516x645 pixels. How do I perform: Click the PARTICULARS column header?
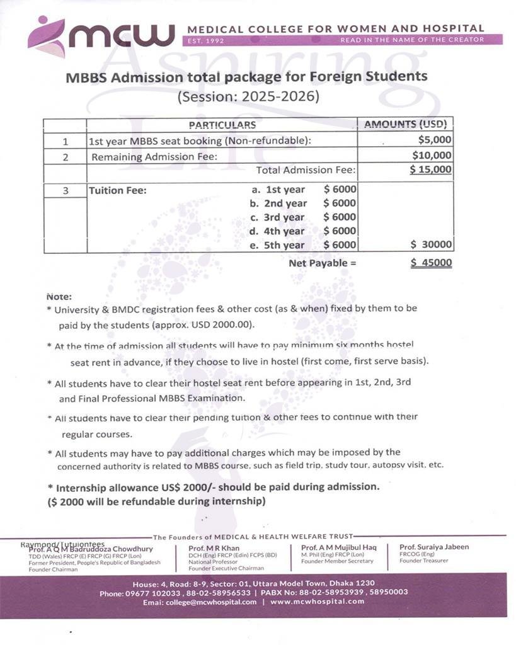click(x=222, y=125)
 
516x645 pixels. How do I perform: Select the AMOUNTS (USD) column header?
click(x=405, y=125)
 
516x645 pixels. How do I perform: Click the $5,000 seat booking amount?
click(x=435, y=140)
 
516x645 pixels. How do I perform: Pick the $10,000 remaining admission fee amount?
click(x=432, y=156)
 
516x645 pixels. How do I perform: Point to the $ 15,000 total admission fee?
click(x=430, y=169)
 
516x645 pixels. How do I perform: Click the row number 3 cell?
click(x=65, y=190)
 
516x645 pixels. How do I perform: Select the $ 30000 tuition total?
click(x=431, y=245)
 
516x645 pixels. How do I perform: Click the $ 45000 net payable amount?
click(x=431, y=263)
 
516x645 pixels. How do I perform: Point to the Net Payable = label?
click(x=322, y=263)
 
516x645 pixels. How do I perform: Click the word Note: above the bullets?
click(x=59, y=296)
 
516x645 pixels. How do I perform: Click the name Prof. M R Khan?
click(x=214, y=549)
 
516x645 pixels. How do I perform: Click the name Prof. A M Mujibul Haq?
click(x=338, y=548)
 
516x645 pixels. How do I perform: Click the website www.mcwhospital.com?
click(x=317, y=602)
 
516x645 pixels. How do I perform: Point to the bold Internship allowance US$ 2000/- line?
click(x=214, y=488)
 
